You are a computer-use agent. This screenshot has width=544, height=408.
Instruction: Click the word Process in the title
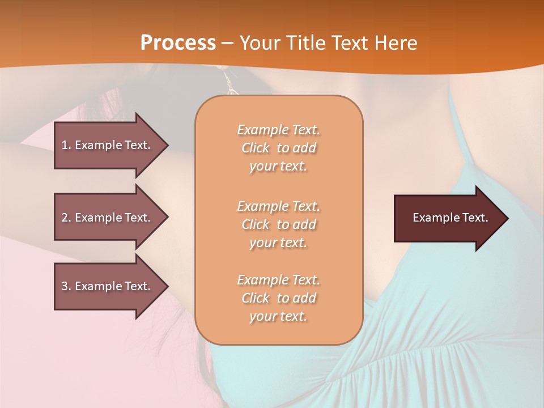coord(178,42)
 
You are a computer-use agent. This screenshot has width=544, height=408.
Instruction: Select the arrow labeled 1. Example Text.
coord(108,145)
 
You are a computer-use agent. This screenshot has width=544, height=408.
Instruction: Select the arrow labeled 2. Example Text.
coord(108,218)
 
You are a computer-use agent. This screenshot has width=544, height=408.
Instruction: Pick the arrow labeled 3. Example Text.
coord(108,286)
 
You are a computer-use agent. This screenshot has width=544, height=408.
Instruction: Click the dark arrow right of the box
coord(448,218)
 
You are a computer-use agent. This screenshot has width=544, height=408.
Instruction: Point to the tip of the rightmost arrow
coord(507,218)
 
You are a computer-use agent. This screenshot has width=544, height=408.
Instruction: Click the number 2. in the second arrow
coord(66,218)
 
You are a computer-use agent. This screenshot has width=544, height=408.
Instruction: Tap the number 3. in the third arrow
coord(66,286)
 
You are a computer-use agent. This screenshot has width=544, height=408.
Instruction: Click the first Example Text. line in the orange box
coord(278,130)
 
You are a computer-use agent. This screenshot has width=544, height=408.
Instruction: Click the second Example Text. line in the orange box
coord(278,206)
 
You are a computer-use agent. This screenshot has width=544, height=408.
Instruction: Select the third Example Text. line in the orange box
coord(278,280)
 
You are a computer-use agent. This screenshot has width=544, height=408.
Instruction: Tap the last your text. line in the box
coord(278,317)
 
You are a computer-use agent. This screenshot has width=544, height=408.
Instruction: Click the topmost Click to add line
coord(278,148)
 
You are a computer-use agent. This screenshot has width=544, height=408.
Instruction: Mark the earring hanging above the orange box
coord(229,84)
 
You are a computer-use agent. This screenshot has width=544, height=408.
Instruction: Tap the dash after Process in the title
coord(227,43)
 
